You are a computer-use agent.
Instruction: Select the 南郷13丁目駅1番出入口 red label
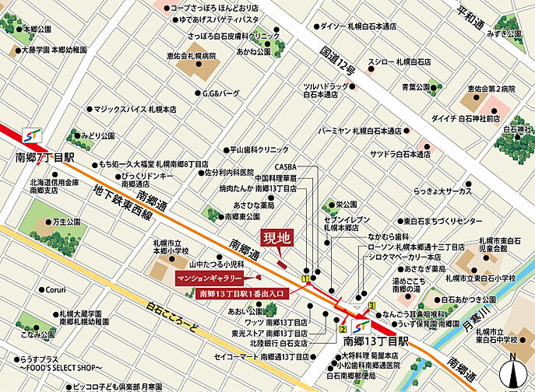[x=243, y=293]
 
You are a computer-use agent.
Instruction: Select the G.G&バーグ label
[x=220, y=93]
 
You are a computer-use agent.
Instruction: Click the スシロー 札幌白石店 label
[x=399, y=61]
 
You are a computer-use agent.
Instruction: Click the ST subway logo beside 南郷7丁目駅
[x=33, y=133]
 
